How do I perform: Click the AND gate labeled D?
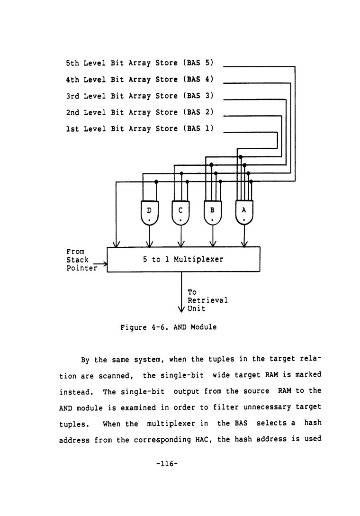point(150,212)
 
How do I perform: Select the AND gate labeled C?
point(180,212)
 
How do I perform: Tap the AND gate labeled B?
point(213,212)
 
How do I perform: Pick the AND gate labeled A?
point(244,212)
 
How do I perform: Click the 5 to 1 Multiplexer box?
point(183,259)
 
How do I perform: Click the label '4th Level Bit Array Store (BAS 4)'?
point(140,79)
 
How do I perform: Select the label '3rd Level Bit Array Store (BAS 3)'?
point(140,96)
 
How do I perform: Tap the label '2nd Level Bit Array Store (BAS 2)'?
point(140,112)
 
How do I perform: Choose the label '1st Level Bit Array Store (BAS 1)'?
point(140,128)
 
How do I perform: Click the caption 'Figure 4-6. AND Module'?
point(169,327)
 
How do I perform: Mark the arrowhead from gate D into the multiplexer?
point(150,244)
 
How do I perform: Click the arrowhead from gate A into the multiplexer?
point(244,244)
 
